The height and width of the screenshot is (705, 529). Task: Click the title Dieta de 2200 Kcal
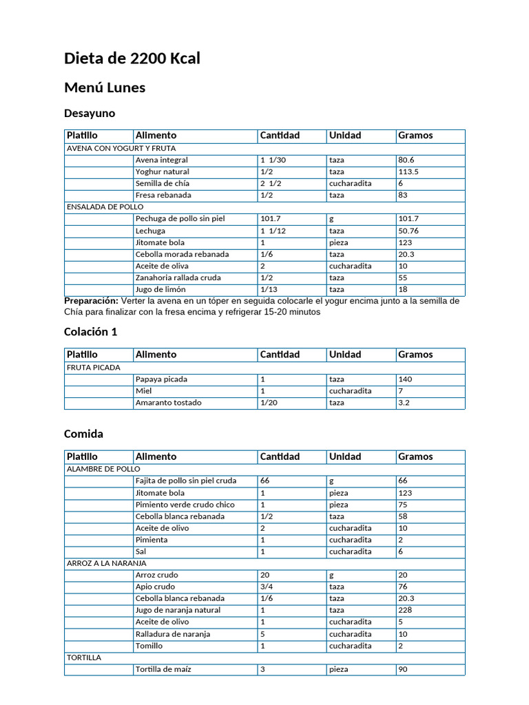coord(132,59)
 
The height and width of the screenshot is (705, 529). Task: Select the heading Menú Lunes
coord(104,87)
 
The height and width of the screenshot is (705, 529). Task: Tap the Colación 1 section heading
coord(90,332)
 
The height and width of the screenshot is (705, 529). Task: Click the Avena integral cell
coord(162,160)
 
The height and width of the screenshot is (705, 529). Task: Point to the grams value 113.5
coord(408,171)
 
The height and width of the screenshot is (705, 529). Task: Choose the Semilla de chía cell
coord(163,183)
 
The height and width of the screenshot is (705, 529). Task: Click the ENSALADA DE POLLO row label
coord(105,207)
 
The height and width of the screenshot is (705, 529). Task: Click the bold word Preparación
coord(91,301)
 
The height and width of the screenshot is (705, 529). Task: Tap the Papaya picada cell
coord(161,379)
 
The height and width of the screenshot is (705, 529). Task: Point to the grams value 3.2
coord(404,403)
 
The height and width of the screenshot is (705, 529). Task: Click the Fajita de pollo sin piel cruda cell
coord(186,481)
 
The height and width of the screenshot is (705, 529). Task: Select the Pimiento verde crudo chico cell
coord(185,505)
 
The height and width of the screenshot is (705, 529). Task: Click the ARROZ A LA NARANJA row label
coord(106,563)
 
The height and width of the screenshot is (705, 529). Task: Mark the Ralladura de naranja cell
coord(173,634)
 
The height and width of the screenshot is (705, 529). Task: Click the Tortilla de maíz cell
coord(163,669)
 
